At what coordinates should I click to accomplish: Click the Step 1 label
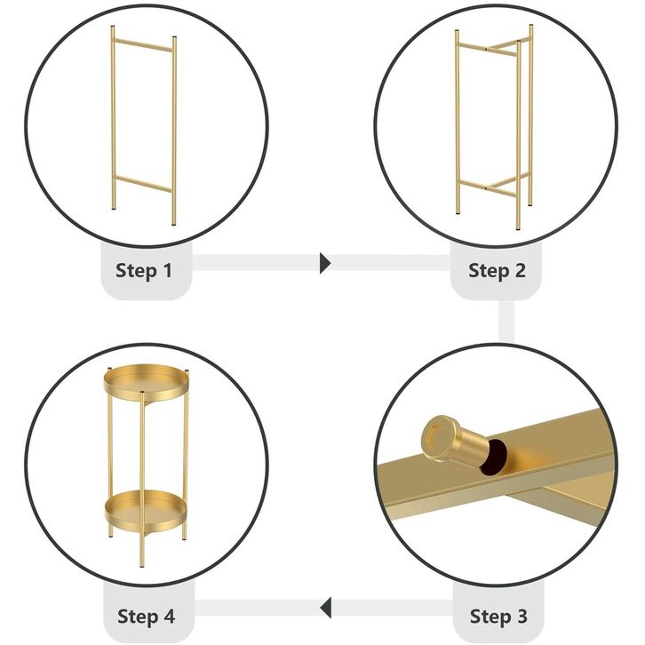tap(144, 271)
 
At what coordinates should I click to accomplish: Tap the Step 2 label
tap(497, 271)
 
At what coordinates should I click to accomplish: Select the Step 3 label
tap(498, 617)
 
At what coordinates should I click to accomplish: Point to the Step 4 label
tap(146, 617)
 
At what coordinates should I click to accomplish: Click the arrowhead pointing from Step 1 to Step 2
tap(325, 263)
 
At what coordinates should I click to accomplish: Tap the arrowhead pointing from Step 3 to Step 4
tap(326, 608)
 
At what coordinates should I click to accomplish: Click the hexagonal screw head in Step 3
tap(439, 438)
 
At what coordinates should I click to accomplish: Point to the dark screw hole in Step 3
tap(493, 458)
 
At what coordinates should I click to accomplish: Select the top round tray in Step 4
tap(147, 383)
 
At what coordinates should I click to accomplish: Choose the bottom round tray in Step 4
tap(146, 510)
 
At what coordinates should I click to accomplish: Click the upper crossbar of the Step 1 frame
tap(143, 45)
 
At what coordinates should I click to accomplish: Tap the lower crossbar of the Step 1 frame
tap(143, 184)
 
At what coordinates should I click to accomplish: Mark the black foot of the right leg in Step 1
tap(174, 224)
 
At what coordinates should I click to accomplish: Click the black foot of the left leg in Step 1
tap(113, 209)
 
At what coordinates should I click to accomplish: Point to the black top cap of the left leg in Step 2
tap(457, 31)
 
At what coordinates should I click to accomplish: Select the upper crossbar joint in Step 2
tap(486, 49)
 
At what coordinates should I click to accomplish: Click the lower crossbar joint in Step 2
tap(486, 188)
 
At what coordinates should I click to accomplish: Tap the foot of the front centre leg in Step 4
tap(142, 566)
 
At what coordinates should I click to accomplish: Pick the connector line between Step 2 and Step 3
tap(506, 322)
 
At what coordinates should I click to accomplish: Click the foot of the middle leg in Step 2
tap(518, 228)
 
